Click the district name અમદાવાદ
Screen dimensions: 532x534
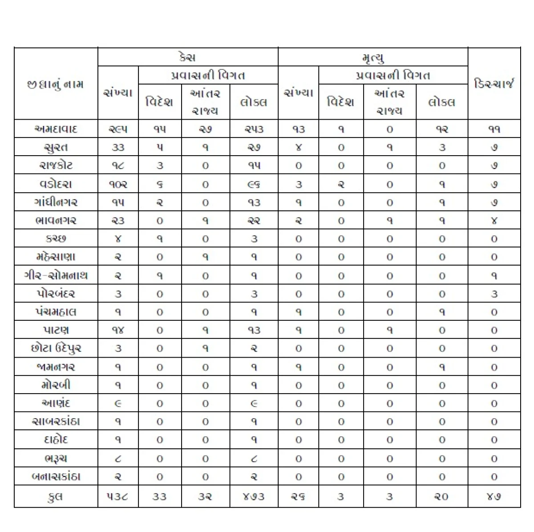(56, 129)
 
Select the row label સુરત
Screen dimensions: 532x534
(56, 147)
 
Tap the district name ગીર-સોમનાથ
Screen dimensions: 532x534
(56, 276)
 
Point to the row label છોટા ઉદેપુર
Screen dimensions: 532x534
(56, 348)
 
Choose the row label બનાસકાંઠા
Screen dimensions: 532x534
(56, 476)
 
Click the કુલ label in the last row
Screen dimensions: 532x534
(56, 496)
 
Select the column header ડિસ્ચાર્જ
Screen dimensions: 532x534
(494, 84)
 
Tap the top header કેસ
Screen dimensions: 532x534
(187, 57)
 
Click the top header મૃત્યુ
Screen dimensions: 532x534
(372, 57)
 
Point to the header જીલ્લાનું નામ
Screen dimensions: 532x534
(56, 84)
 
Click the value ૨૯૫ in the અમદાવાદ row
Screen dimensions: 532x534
(118, 129)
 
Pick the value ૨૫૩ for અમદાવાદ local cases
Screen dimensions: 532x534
(254, 129)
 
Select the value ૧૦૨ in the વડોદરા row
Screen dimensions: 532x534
(118, 184)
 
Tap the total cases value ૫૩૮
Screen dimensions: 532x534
(118, 496)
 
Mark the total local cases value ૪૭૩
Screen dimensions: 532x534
(254, 496)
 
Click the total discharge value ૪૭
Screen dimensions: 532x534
(494, 496)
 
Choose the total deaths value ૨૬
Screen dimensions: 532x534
(298, 496)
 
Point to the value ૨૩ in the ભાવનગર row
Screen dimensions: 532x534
(118, 221)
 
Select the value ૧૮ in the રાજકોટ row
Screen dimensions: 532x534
(118, 166)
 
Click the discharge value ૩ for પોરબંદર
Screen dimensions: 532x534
(494, 294)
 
